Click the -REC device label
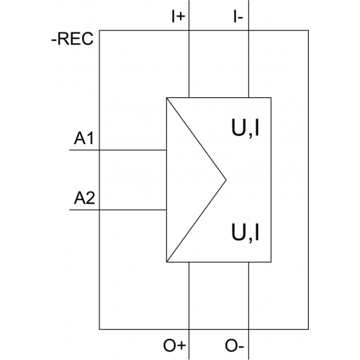pyautogui.click(x=72, y=39)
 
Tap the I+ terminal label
pyautogui.click(x=179, y=17)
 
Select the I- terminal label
pyautogui.click(x=238, y=17)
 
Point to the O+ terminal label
pyautogui.click(x=174, y=346)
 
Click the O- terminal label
pyautogui.click(x=234, y=346)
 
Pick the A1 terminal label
pyautogui.click(x=84, y=138)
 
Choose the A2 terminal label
pyautogui.click(x=84, y=198)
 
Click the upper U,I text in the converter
pyautogui.click(x=246, y=128)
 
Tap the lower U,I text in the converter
pyautogui.click(x=246, y=233)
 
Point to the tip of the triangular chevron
pyautogui.click(x=226, y=179)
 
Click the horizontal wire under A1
pyautogui.click(x=118, y=150)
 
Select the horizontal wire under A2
pyautogui.click(x=118, y=210)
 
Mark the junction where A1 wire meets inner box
pyautogui.click(x=166, y=150)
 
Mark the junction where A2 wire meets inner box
pyautogui.click(x=166, y=210)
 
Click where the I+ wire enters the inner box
pyautogui.click(x=189, y=98)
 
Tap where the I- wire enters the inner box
pyautogui.click(x=248, y=98)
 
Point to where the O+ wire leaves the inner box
pyautogui.click(x=189, y=262)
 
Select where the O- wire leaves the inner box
pyautogui.click(x=248, y=262)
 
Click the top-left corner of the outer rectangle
pyautogui.click(x=99, y=30)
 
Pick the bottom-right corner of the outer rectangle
pyautogui.click(x=308, y=329)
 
